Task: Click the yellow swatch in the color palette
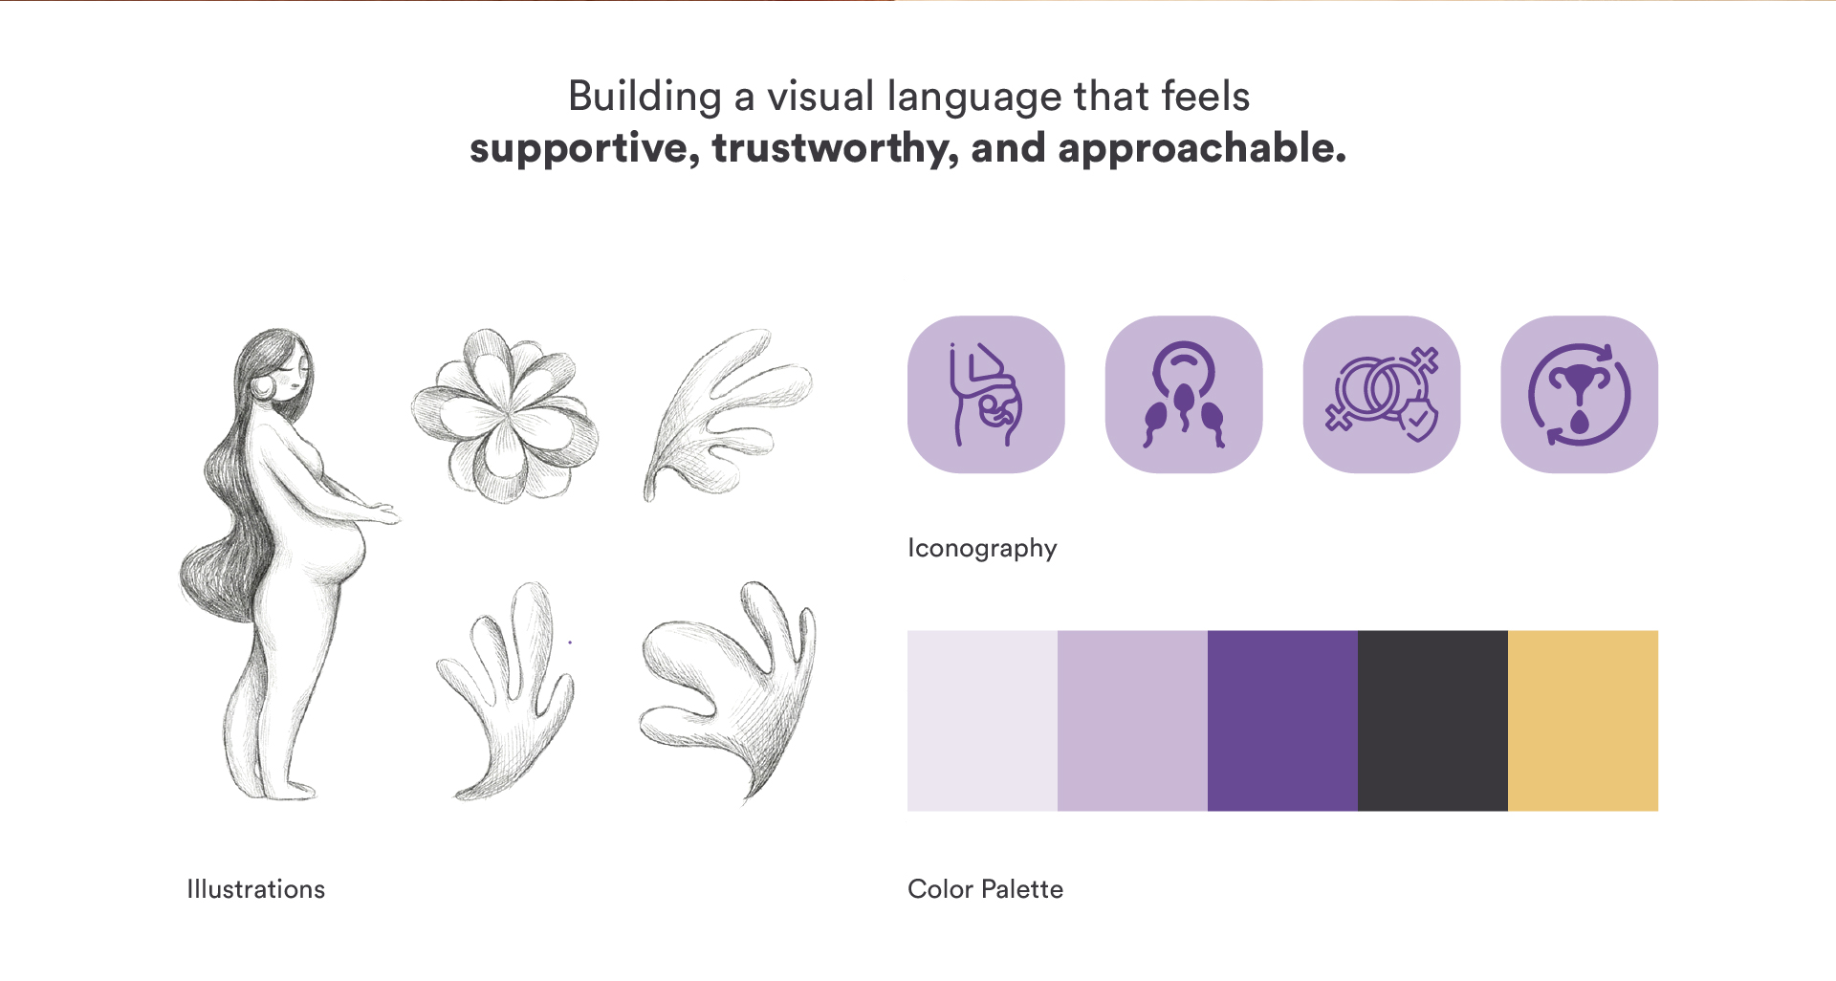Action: tap(1583, 721)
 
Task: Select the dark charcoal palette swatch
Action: tap(1432, 721)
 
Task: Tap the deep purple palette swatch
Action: tap(1282, 721)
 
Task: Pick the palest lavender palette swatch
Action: tap(982, 721)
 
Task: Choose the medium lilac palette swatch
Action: tap(1132, 721)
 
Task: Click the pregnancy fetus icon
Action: tap(986, 395)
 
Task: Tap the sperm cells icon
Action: tap(1184, 395)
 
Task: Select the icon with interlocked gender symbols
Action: tap(1382, 395)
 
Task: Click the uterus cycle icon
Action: tap(1580, 395)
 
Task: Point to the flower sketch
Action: tap(505, 416)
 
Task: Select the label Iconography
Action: tap(982, 549)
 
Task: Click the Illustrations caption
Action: tap(256, 889)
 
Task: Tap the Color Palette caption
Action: tap(985, 889)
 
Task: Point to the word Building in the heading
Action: tap(645, 98)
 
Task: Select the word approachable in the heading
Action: tap(1202, 149)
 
